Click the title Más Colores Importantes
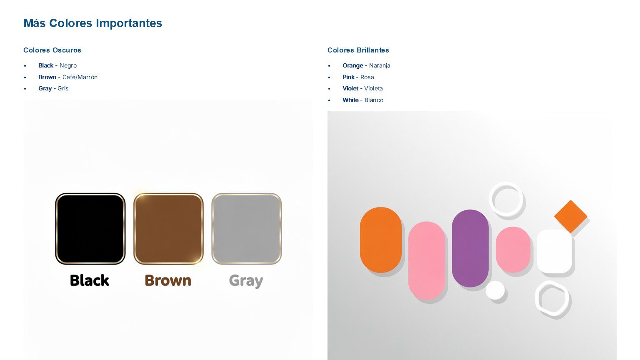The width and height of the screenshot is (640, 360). (x=92, y=23)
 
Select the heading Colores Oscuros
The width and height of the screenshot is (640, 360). (x=52, y=50)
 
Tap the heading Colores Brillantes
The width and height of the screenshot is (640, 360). (x=358, y=50)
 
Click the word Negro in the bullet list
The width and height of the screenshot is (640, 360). (x=68, y=65)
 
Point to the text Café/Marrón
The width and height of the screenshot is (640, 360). (x=80, y=77)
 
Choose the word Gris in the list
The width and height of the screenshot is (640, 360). (x=63, y=88)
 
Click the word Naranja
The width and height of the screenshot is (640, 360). (x=380, y=65)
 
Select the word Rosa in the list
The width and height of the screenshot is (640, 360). (x=367, y=77)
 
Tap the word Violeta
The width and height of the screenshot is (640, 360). (x=373, y=88)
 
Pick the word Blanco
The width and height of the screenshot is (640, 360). (x=374, y=100)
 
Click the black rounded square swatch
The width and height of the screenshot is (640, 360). (x=90, y=229)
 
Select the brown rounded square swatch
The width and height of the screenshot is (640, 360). (x=168, y=229)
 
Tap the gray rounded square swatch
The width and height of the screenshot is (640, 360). (x=247, y=229)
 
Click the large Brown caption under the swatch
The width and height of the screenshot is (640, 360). (x=168, y=280)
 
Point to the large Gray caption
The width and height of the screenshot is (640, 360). (x=246, y=281)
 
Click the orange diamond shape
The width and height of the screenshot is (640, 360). (x=570, y=216)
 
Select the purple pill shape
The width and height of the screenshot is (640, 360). (x=470, y=248)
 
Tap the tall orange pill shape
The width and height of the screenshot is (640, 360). (x=380, y=240)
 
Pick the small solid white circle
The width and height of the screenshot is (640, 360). (x=495, y=290)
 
